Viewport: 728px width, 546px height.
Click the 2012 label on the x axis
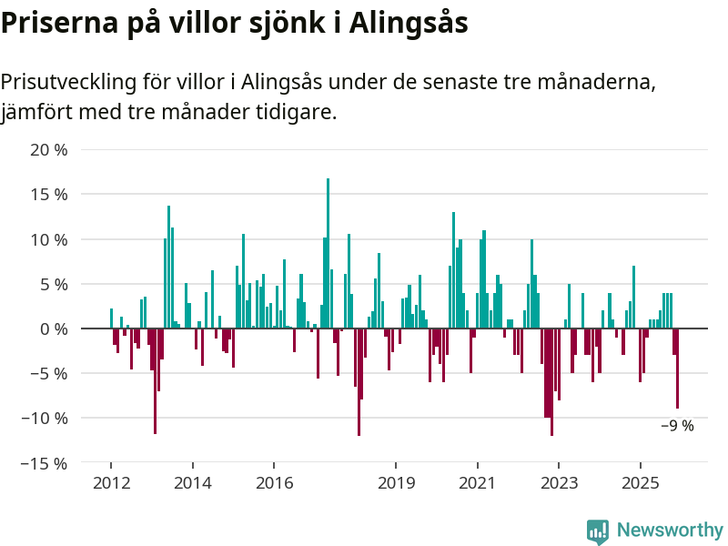tap(111, 482)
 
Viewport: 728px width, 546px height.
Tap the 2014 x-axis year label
tap(192, 482)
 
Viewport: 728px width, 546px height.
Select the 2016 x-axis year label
tap(274, 482)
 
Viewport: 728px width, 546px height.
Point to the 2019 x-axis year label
tap(396, 482)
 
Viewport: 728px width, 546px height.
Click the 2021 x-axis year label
tap(478, 482)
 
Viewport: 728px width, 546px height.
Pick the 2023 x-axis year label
tap(560, 482)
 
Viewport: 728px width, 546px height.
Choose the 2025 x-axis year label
tap(641, 482)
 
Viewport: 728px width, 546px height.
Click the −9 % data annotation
tap(677, 426)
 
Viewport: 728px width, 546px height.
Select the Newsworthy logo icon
tap(598, 531)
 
